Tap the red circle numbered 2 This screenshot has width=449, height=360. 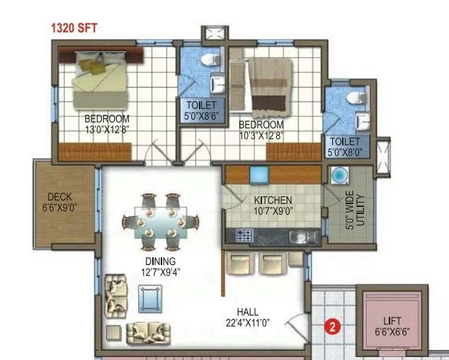coord(331,327)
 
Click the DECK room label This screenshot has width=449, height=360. coord(60,197)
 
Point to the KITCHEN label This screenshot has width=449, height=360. coord(273,201)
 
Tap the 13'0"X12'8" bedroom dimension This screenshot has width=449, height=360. coord(107,130)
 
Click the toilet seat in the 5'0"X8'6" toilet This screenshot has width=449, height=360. coord(210,62)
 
